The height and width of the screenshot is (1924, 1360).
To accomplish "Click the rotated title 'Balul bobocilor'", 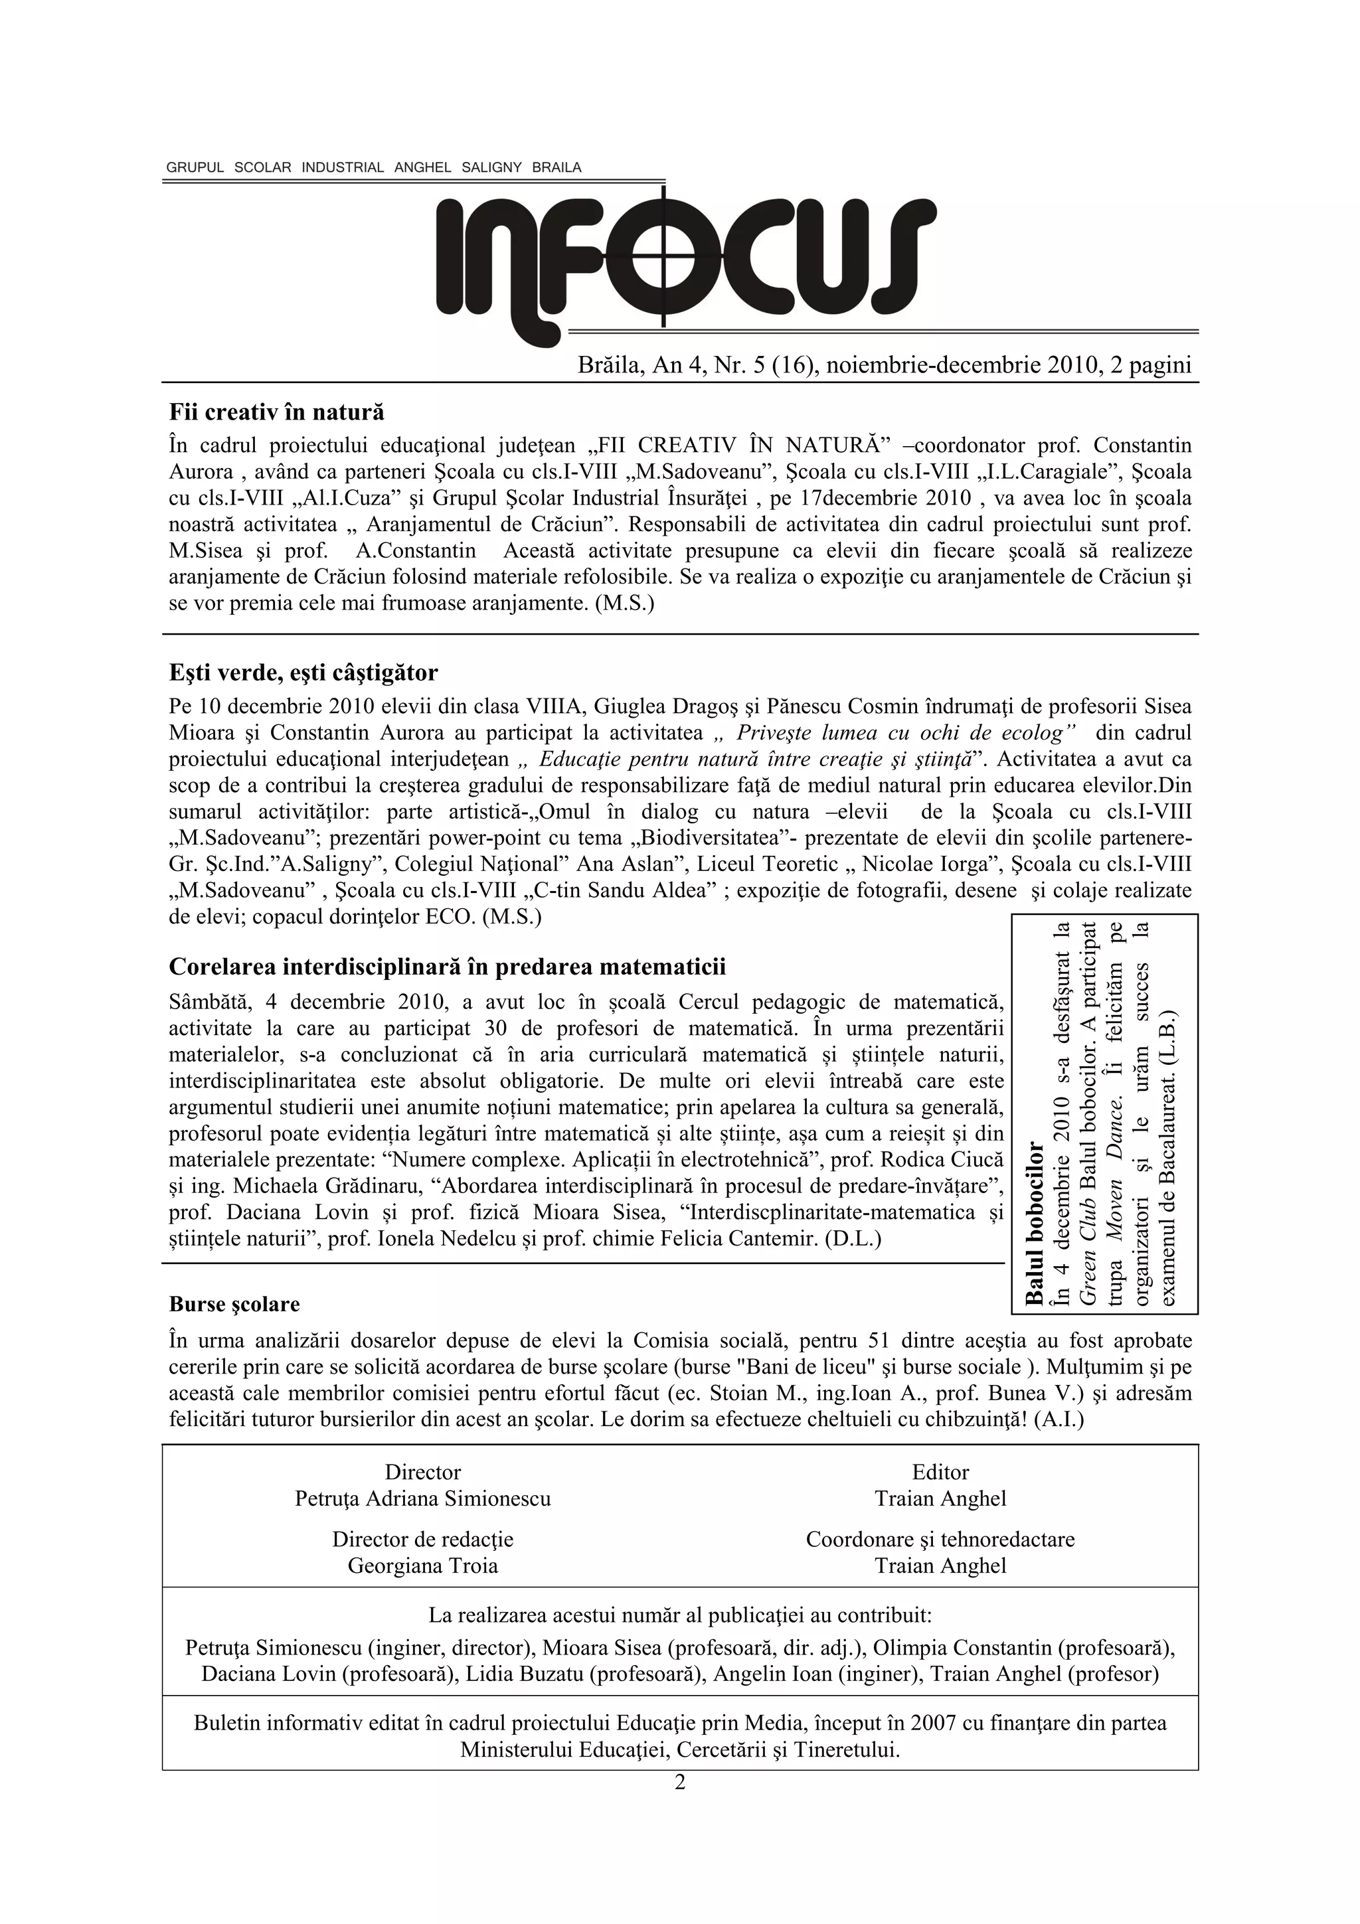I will point(1035,1223).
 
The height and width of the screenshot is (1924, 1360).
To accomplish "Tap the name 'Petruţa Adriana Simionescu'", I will point(422,1498).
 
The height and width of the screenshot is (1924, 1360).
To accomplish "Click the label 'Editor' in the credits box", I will point(940,1473).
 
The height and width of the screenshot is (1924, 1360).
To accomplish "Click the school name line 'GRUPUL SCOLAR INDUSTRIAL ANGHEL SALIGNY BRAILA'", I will point(374,167).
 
